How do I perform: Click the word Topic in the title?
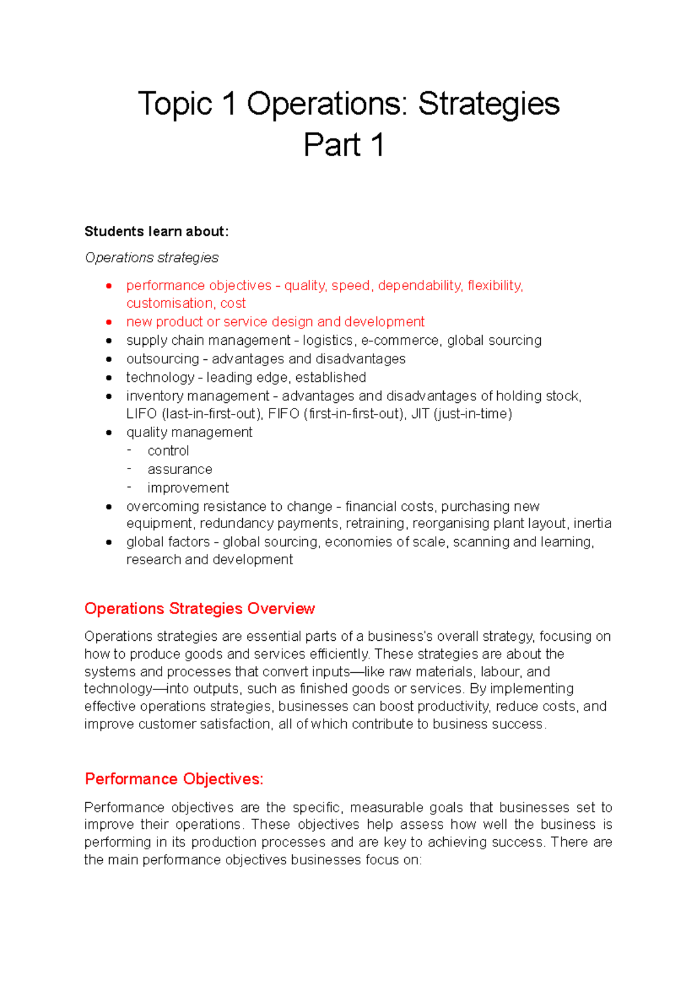(x=175, y=105)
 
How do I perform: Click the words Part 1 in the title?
(x=343, y=145)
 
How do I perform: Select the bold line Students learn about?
(x=157, y=232)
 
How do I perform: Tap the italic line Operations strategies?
(x=152, y=258)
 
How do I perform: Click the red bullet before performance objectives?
(x=109, y=286)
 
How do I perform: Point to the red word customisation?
(x=170, y=304)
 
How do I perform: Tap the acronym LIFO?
(x=142, y=414)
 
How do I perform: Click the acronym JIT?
(x=420, y=414)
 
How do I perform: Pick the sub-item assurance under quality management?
(x=179, y=470)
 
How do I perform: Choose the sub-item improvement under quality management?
(x=188, y=488)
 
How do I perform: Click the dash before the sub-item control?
(x=130, y=450)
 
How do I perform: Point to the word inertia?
(x=592, y=524)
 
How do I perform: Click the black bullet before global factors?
(x=109, y=542)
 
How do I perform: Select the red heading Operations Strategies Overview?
(x=199, y=609)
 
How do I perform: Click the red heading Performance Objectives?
(x=174, y=779)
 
